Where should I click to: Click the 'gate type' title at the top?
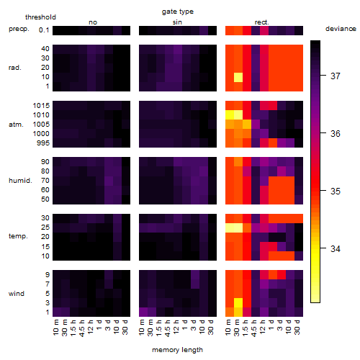click(x=178, y=12)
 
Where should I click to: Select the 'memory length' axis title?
click(x=177, y=350)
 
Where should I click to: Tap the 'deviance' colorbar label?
click(x=341, y=29)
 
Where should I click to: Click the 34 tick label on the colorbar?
click(x=336, y=248)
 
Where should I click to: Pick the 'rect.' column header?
click(x=261, y=22)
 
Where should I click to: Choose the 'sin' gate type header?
click(x=177, y=22)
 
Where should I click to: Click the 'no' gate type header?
click(x=93, y=22)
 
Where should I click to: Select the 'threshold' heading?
click(x=40, y=17)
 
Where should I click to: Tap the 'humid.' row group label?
click(x=20, y=181)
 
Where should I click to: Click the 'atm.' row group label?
click(x=16, y=125)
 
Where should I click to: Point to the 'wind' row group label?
click(x=17, y=294)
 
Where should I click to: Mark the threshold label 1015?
click(x=41, y=106)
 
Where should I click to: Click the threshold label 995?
click(x=43, y=143)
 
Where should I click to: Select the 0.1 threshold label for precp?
click(x=44, y=30)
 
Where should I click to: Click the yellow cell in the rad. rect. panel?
click(x=238, y=77)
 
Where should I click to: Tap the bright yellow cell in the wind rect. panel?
click(x=238, y=302)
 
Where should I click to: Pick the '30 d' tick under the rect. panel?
click(x=297, y=328)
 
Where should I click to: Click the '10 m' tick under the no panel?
click(x=55, y=328)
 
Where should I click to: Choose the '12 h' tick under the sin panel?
click(x=176, y=327)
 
